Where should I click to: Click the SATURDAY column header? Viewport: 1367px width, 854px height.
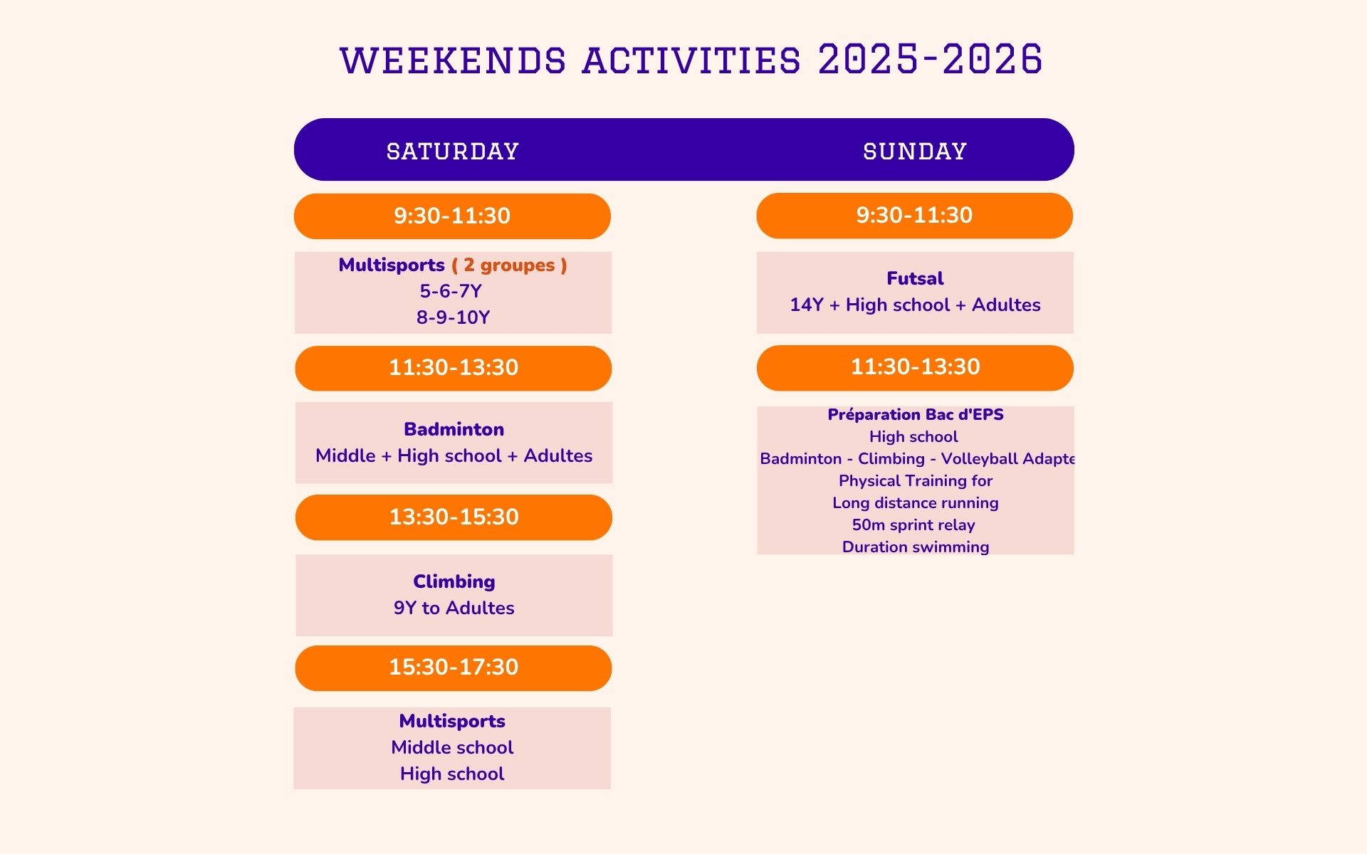click(453, 151)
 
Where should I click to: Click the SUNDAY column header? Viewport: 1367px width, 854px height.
click(915, 151)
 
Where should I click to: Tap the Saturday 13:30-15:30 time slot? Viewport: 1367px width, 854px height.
click(454, 517)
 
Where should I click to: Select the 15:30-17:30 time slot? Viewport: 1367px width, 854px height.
click(454, 668)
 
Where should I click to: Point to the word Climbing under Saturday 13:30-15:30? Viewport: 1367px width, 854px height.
click(454, 582)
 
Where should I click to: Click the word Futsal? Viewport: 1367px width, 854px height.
click(915, 278)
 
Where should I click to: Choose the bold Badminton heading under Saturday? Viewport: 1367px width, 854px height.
click(454, 429)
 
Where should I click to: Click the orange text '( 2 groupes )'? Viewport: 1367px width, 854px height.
click(510, 265)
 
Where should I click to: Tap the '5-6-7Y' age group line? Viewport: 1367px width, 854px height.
click(451, 291)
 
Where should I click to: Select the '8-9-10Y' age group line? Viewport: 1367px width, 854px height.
click(454, 317)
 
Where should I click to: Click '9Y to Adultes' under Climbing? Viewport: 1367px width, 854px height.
click(454, 608)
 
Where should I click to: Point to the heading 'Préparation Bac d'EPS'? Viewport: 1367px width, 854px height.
click(916, 414)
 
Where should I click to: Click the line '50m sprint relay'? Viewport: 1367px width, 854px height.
click(913, 525)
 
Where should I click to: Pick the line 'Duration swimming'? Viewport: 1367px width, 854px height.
click(916, 547)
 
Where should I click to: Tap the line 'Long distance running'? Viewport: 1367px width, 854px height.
click(916, 503)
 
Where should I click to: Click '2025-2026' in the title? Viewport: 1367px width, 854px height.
click(931, 59)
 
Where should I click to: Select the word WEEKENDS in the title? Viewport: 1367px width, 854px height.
click(453, 60)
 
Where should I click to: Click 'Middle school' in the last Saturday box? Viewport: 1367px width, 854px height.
click(452, 747)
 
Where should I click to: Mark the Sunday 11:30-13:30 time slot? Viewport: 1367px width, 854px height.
click(915, 368)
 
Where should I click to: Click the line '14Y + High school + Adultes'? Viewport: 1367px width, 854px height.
click(915, 305)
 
